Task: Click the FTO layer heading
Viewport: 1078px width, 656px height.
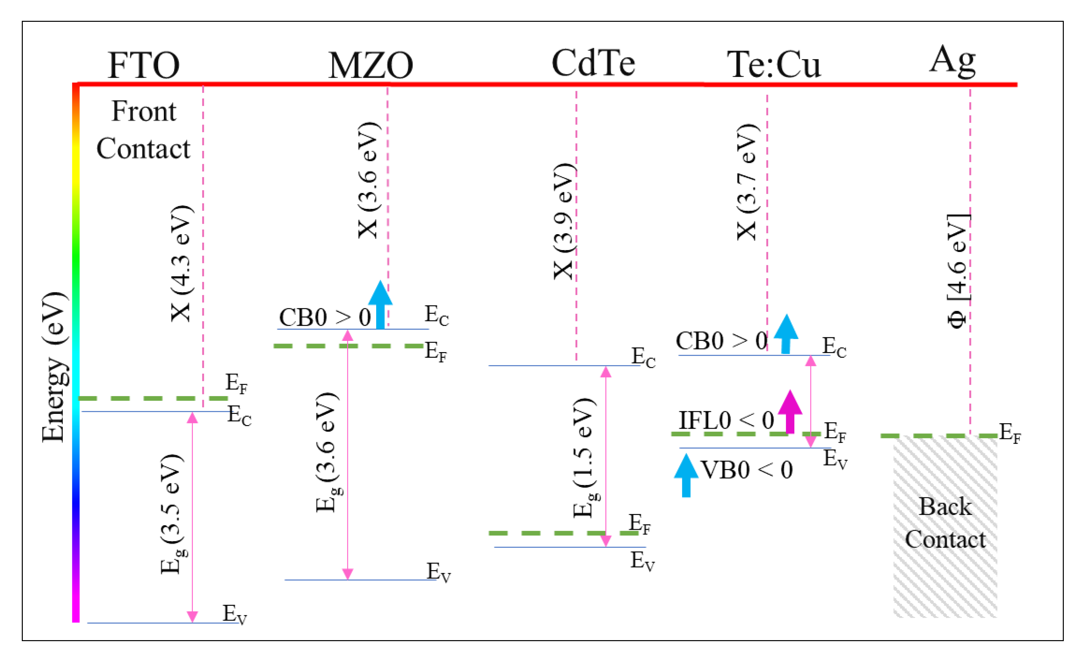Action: tap(143, 65)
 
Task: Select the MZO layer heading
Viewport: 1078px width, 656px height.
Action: tap(371, 65)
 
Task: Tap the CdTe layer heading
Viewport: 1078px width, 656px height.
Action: tap(593, 63)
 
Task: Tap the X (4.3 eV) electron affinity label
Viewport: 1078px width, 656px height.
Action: tap(181, 264)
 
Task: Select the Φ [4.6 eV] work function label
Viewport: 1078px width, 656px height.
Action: tap(957, 271)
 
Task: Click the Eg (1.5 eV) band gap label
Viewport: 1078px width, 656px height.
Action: tap(585, 457)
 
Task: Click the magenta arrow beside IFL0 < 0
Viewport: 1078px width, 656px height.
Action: tap(790, 411)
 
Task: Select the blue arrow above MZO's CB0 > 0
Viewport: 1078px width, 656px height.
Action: tap(380, 305)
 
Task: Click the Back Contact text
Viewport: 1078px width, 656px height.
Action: tap(945, 523)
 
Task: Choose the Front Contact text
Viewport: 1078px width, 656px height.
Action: tap(143, 129)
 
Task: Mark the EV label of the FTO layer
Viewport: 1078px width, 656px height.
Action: tap(234, 614)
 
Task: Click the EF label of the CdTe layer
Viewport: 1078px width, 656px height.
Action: tap(640, 524)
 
